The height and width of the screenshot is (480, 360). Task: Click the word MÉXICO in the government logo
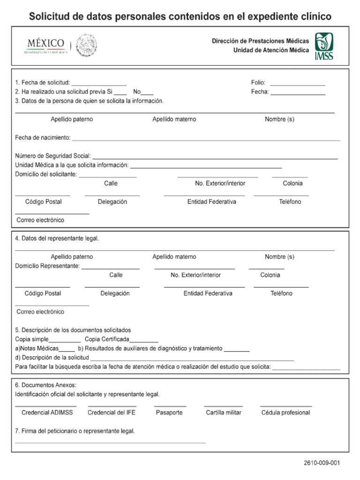pyautogui.click(x=45, y=43)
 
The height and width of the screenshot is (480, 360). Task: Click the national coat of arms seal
pyautogui.click(x=86, y=45)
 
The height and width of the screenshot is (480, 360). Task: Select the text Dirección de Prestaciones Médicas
pyautogui.click(x=260, y=41)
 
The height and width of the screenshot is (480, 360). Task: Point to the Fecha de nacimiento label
pyautogui.click(x=43, y=138)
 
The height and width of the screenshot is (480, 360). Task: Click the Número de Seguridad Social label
pyautogui.click(x=53, y=156)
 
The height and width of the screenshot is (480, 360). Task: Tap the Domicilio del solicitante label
pyautogui.click(x=46, y=174)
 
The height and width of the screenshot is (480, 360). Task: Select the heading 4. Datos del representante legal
pyautogui.click(x=57, y=239)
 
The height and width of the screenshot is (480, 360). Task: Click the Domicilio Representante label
pyautogui.click(x=47, y=266)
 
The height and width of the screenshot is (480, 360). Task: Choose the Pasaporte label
pyautogui.click(x=169, y=413)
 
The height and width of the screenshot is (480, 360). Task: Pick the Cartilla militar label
pyautogui.click(x=224, y=413)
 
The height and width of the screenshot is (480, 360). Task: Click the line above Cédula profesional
pyautogui.click(x=285, y=405)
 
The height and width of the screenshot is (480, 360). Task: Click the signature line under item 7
pyautogui.click(x=110, y=442)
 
